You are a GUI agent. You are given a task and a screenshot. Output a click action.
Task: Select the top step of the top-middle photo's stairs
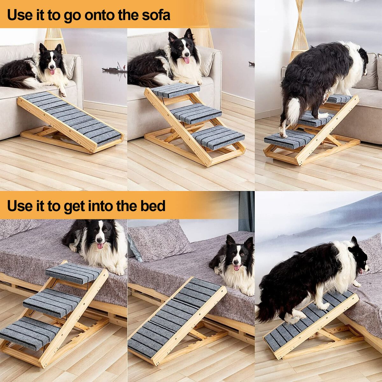(x=175, y=90)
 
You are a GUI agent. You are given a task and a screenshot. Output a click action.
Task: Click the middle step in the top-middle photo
(x=196, y=114)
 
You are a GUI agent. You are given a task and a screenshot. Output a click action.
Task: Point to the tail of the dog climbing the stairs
(x=293, y=111)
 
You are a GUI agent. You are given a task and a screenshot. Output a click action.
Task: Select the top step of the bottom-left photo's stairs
(x=73, y=273)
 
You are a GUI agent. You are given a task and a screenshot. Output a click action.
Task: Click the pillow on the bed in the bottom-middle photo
(x=159, y=240)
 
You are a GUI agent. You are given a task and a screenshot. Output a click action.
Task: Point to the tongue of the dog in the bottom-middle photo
(x=237, y=268)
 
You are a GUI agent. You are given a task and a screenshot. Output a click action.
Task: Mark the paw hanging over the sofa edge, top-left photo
(x=63, y=93)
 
